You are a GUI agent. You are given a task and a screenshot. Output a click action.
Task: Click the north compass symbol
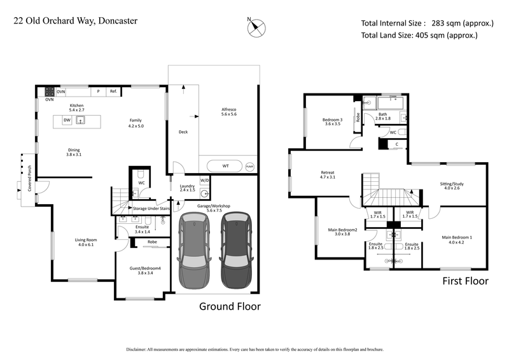pos(258,27)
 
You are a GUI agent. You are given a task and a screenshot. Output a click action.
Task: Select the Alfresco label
pos(229,112)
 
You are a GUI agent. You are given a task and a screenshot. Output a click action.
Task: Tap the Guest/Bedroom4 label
pos(146,271)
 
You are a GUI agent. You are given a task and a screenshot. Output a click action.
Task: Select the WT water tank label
pos(226,165)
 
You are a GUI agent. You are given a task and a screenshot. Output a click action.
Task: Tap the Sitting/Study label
pos(452,184)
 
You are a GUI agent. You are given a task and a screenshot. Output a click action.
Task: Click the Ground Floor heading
pos(230,306)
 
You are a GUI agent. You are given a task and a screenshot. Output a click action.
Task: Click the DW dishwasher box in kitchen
pos(66,120)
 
